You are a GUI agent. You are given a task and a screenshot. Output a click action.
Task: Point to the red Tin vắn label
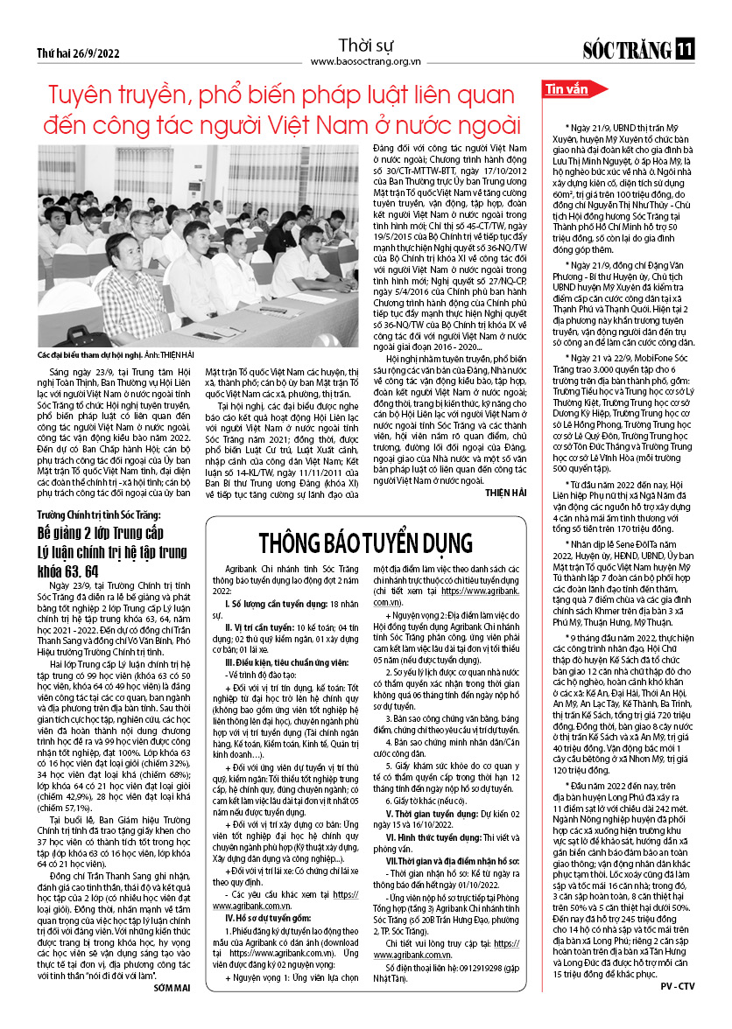coord(567,89)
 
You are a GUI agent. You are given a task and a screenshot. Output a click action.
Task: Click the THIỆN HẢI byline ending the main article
coord(505,493)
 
